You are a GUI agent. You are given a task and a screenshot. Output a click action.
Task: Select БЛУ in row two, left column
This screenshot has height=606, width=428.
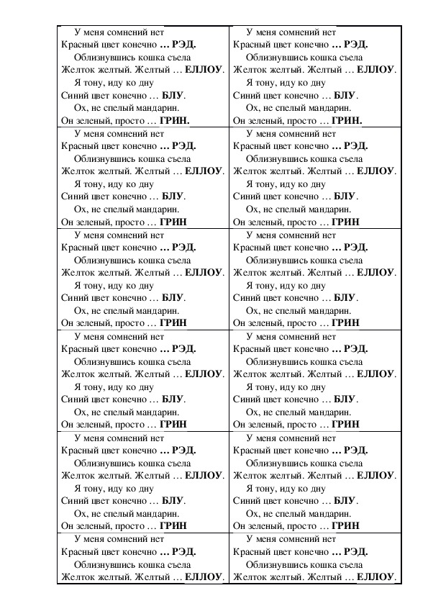point(173,196)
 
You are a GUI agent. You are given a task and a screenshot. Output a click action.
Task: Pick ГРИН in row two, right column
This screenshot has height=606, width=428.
point(345,222)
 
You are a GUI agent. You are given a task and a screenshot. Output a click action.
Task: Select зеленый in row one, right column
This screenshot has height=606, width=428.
point(263,121)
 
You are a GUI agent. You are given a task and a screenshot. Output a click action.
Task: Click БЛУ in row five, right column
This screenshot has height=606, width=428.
point(345,501)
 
